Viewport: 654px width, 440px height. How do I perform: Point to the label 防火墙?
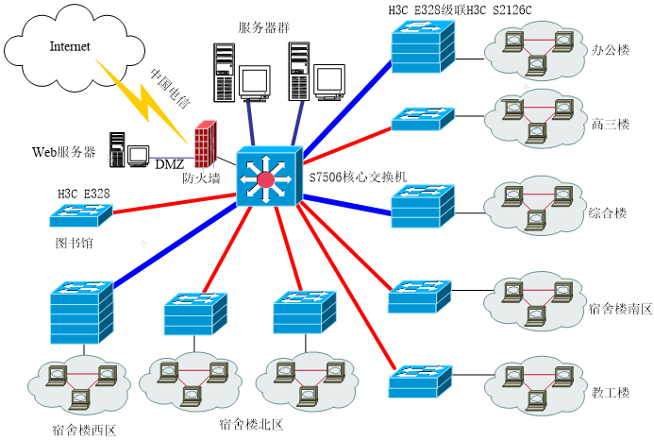tap(202, 178)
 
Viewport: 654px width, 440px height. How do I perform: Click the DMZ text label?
tap(169, 165)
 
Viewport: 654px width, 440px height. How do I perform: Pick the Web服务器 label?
tap(64, 151)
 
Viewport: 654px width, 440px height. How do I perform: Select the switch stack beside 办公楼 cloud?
tap(423, 44)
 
